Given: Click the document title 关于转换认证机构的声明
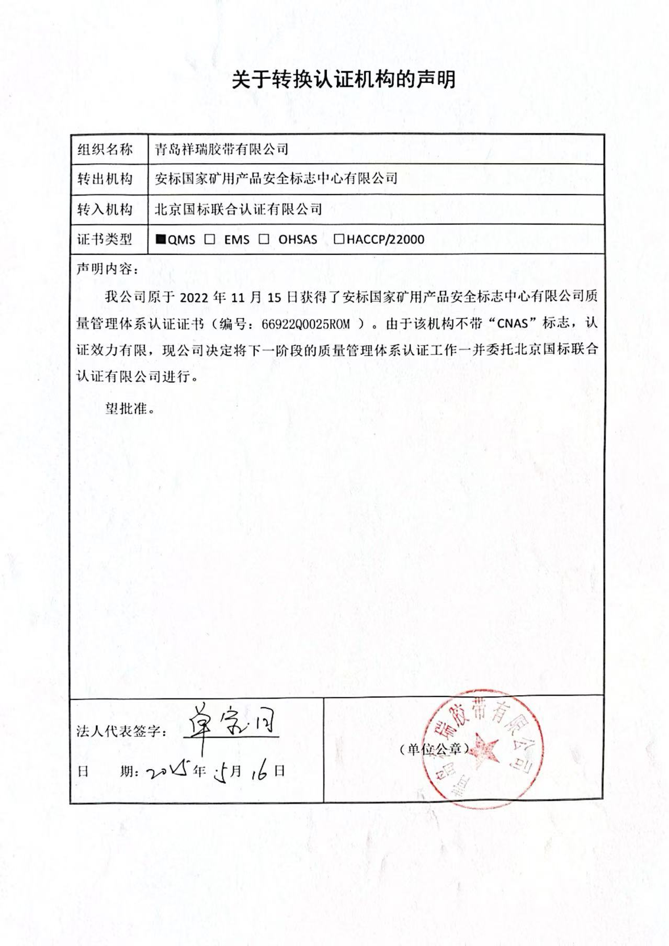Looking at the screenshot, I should [x=344, y=80].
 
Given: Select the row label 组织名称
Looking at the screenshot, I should [x=105, y=150].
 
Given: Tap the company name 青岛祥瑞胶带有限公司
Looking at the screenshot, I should [x=222, y=150].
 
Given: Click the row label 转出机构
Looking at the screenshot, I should [x=105, y=179].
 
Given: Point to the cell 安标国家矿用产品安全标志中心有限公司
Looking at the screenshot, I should [x=276, y=179].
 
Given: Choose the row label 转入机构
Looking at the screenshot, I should [x=105, y=209].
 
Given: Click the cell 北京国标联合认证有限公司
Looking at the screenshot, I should [x=238, y=209].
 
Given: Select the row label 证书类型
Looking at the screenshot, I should [x=105, y=239].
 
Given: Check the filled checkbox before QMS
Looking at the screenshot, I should [x=161, y=239].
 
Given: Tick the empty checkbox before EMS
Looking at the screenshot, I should [x=210, y=239].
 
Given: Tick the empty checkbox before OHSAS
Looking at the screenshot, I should [x=264, y=239].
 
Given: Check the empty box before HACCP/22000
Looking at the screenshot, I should [x=339, y=239].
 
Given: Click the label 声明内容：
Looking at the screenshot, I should [x=108, y=269].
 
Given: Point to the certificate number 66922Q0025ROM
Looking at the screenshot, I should [x=305, y=324].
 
